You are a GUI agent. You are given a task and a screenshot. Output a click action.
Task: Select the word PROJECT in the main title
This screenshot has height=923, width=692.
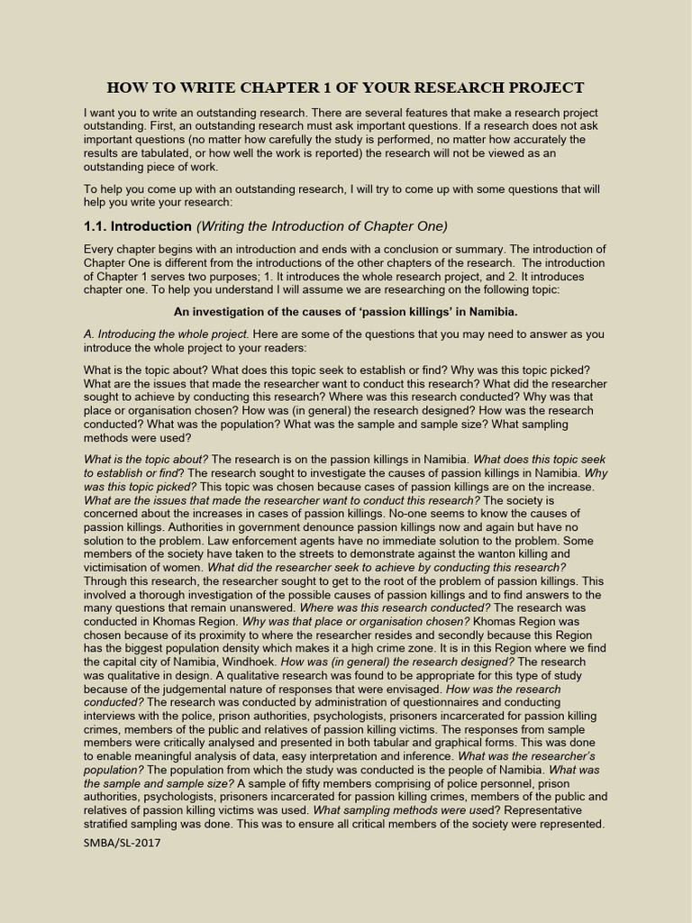coord(542,87)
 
